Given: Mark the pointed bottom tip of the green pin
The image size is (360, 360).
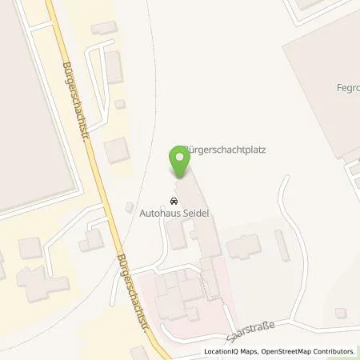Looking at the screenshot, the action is click(180, 178).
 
